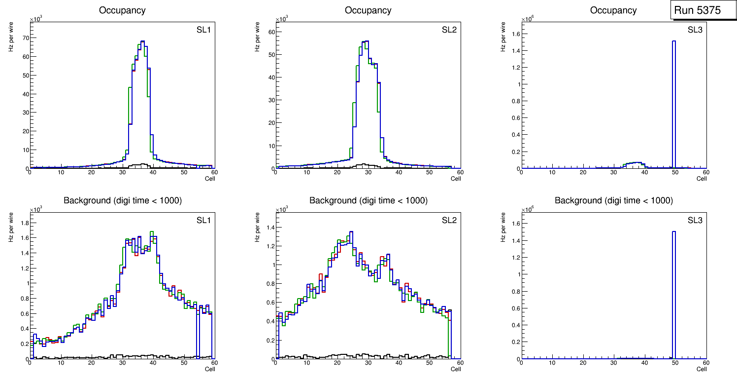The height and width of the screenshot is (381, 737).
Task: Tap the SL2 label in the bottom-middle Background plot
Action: point(449,220)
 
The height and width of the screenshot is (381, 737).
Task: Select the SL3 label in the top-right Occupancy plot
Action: point(695,30)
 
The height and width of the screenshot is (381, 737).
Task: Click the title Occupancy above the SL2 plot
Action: point(368,10)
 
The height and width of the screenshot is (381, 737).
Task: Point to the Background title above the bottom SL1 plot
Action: point(123,200)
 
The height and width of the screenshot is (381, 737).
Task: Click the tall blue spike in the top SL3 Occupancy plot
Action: point(673,99)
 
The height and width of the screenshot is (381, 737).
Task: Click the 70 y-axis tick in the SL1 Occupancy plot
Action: point(25,38)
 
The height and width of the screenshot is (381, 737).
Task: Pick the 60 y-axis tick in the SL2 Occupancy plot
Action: point(270,32)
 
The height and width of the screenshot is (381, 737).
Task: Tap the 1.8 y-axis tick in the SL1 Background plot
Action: point(24,223)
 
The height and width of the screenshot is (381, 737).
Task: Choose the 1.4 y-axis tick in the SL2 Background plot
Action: point(269,228)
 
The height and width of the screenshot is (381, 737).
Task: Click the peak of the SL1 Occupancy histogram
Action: point(142,41)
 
